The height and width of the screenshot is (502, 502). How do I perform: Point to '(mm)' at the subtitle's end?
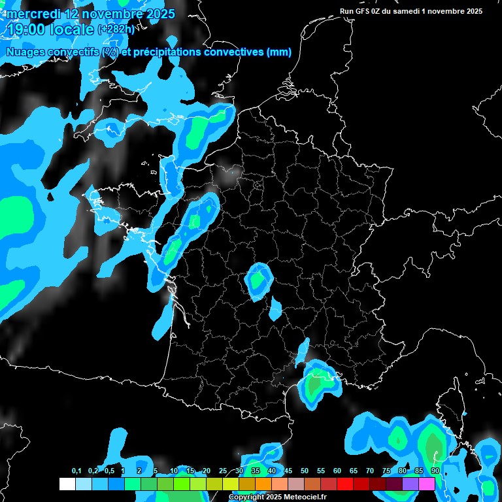pos(279,52)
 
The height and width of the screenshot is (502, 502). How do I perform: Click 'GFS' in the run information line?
pos(363,11)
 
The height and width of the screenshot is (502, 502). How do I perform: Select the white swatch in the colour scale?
pos(67,484)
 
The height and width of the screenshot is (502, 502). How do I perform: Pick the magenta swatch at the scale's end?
pos(427,484)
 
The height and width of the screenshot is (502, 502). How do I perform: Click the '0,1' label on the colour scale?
pos(76,471)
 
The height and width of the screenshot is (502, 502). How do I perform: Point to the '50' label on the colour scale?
pos(305,471)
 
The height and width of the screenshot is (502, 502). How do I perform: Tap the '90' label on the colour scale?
pos(435,471)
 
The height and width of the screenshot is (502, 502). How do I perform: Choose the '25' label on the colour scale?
pos(223,471)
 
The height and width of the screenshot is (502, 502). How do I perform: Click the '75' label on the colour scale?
pos(386,471)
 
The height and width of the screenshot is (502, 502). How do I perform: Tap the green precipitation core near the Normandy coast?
pos(196,134)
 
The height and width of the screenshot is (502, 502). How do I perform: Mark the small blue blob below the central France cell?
pos(275,309)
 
